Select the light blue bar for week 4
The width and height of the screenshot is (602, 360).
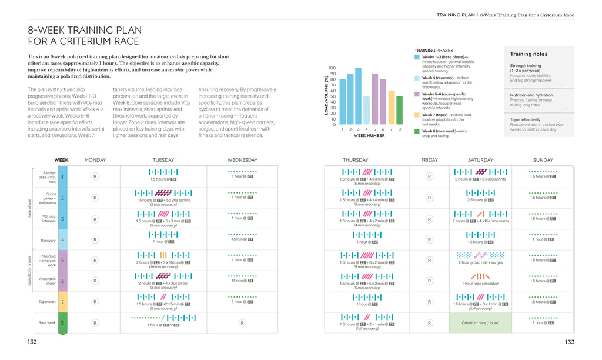(366, 110)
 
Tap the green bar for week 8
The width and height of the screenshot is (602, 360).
(399, 110)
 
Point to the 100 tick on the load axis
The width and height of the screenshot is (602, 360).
(332, 68)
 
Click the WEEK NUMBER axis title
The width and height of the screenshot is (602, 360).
(369, 136)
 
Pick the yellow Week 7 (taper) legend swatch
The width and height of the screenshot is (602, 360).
(417, 115)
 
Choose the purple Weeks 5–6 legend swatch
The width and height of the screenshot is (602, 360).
(417, 94)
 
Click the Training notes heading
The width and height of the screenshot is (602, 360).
(529, 54)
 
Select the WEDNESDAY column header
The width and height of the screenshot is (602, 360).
(242, 160)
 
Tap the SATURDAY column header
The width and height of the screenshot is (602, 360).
(480, 160)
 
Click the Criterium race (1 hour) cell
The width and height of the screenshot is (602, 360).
(480, 323)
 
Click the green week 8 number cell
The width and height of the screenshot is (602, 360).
(63, 323)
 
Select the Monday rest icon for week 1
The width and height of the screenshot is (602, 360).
(95, 176)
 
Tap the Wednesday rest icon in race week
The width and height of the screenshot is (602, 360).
(242, 323)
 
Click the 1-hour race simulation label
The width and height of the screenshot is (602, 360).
(480, 284)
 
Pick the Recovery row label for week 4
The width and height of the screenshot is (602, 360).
(48, 241)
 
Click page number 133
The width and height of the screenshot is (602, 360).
(569, 342)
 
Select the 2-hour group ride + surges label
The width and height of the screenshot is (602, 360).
(480, 262)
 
